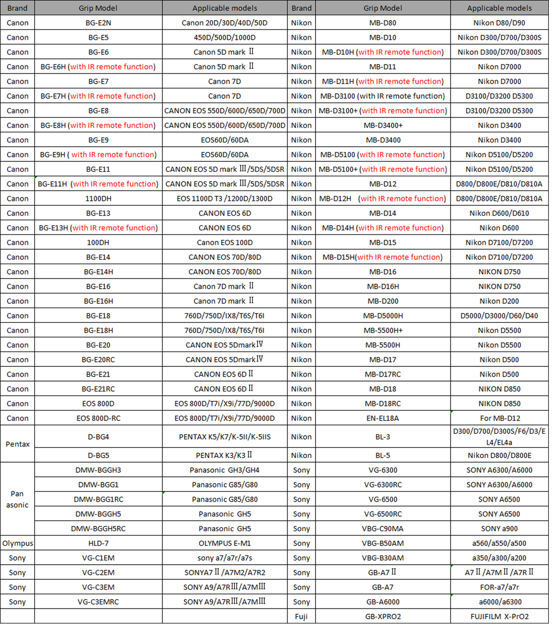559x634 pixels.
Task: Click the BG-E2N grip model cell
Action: (x=98, y=23)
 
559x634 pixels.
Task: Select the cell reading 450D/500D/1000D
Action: (x=225, y=38)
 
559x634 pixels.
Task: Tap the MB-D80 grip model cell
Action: (x=382, y=23)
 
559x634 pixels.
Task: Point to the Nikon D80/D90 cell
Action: (x=499, y=23)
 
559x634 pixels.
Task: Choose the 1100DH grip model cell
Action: (x=98, y=198)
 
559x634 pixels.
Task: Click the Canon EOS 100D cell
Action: (x=225, y=242)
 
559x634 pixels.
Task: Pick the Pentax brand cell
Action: (x=17, y=444)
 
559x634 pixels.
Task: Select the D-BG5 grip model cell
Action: (x=98, y=455)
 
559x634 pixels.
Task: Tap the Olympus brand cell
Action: (x=17, y=543)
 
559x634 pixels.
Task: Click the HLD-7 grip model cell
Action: (x=98, y=543)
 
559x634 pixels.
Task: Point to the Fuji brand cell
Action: (x=301, y=616)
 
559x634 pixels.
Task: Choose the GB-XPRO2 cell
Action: (x=382, y=616)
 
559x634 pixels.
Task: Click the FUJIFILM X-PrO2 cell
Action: (x=499, y=616)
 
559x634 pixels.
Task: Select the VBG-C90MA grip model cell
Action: (x=382, y=529)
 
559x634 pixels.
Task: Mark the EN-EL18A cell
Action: (x=382, y=418)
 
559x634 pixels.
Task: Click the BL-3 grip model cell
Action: (x=382, y=437)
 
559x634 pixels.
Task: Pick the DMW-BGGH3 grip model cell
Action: (x=98, y=470)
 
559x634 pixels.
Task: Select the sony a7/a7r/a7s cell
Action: (x=225, y=558)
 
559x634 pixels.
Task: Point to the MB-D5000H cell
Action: (x=382, y=316)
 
